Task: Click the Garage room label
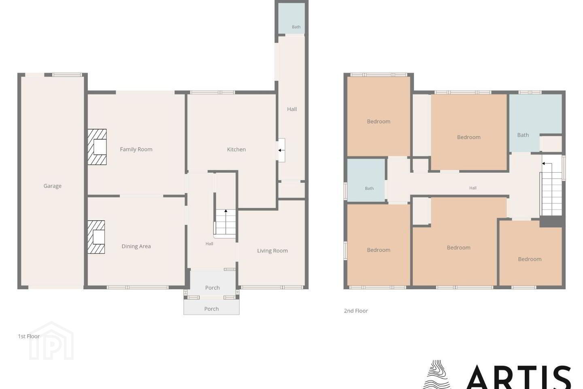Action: pos(52,186)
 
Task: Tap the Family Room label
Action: pos(136,149)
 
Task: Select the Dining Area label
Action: pos(136,246)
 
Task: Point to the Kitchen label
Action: pos(236,149)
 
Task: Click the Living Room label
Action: pos(272,251)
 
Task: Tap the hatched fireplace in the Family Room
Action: pos(97,147)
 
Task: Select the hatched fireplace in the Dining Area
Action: pos(96,237)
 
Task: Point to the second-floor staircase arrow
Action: pos(547,164)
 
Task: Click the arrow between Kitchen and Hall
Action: pos(281,150)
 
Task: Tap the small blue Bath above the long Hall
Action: pos(291,18)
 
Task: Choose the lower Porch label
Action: pos(211,309)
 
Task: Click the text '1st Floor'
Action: pos(29,336)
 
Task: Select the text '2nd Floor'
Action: pos(356,310)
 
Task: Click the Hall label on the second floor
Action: pos(473,188)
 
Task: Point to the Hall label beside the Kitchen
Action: pos(292,109)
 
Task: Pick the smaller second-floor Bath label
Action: pos(369,188)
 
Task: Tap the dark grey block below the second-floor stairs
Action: pos(551,222)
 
